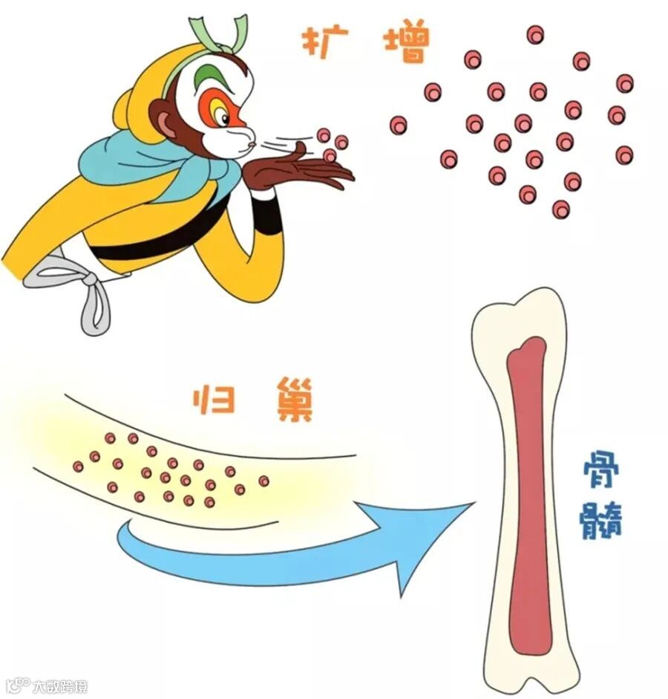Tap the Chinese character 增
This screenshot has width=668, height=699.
coord(406,42)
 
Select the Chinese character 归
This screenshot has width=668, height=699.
coord(214,402)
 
